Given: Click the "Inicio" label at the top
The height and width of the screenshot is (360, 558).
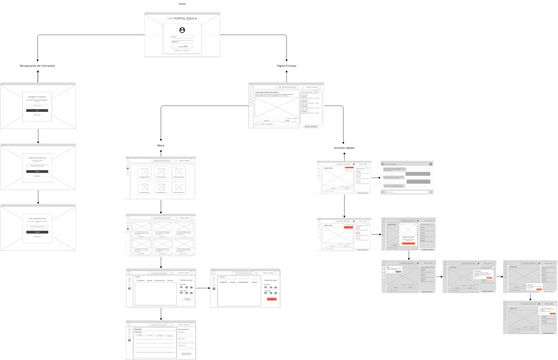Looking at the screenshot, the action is click(x=182, y=4).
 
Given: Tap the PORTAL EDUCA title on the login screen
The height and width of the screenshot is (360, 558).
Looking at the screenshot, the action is click(x=182, y=20).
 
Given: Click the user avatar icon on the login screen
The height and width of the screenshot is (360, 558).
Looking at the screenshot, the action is click(x=182, y=31).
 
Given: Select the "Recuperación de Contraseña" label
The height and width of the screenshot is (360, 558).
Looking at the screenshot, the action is click(x=38, y=66).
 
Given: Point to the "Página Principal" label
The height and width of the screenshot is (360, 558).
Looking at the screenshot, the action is click(x=286, y=66).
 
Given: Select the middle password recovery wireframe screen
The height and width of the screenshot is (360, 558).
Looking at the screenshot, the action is click(x=38, y=166).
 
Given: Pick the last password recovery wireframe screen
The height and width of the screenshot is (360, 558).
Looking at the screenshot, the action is click(x=38, y=227).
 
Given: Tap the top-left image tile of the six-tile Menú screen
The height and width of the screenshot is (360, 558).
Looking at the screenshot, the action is click(x=145, y=171).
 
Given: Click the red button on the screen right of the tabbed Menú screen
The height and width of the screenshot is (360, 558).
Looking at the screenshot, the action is click(x=271, y=298).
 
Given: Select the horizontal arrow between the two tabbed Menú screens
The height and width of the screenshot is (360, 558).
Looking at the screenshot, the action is click(x=203, y=287).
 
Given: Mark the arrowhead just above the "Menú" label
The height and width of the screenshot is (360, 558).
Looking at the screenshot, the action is click(x=160, y=139).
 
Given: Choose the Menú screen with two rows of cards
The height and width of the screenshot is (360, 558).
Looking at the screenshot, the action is click(x=160, y=234).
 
